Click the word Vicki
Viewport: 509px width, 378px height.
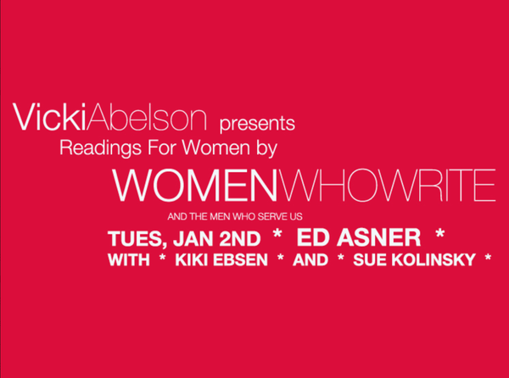click(49, 117)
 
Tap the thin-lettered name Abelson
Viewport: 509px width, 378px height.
click(147, 117)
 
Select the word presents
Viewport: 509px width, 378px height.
click(257, 124)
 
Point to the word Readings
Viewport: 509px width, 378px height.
click(101, 147)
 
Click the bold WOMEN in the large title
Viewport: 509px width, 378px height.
click(195, 185)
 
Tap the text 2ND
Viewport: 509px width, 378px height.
click(240, 238)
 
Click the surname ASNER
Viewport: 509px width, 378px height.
click(378, 237)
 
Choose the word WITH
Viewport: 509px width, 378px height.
click(129, 260)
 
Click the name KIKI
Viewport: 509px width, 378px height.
click(192, 260)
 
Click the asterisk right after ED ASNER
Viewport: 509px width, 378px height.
click(439, 234)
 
